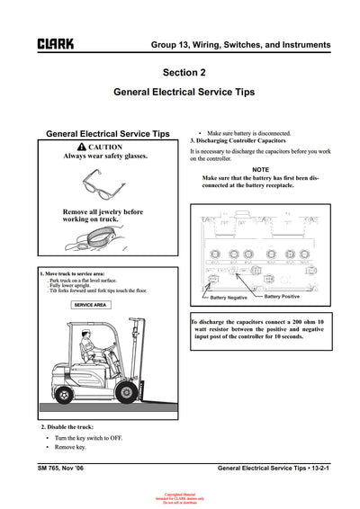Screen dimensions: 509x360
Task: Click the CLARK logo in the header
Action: (x=56, y=43)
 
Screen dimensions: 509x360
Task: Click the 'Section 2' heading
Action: (x=184, y=71)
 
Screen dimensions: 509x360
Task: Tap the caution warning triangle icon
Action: (x=83, y=147)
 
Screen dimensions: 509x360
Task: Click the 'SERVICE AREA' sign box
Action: (x=90, y=306)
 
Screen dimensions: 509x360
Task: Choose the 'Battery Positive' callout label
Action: (x=283, y=296)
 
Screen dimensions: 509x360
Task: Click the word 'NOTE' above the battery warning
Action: (x=260, y=169)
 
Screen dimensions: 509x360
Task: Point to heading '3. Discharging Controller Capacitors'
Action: (x=238, y=141)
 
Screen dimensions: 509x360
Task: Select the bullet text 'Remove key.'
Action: (x=71, y=447)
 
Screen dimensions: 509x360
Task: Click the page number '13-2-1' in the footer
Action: (x=315, y=469)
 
